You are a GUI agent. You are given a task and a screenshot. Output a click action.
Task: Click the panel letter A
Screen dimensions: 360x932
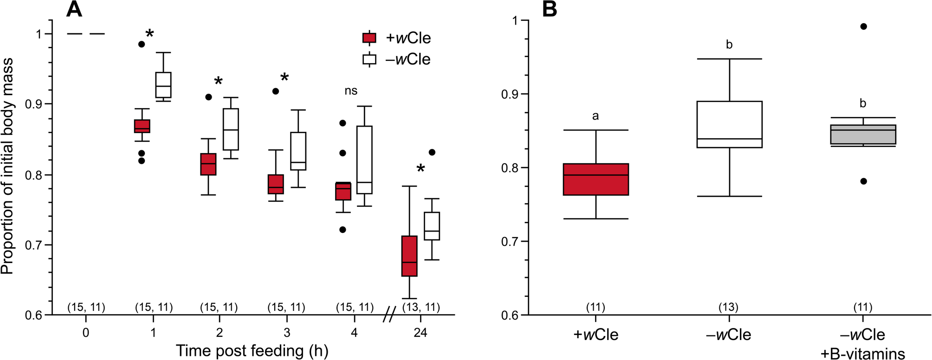tap(74, 9)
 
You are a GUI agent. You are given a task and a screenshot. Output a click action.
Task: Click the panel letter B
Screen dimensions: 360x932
tap(550, 9)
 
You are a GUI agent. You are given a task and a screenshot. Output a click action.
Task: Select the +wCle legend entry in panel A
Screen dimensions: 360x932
tap(397, 38)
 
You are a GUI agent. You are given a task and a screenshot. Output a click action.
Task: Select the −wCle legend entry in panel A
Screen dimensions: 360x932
tap(397, 59)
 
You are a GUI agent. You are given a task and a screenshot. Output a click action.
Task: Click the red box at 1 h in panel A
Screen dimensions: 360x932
tap(142, 126)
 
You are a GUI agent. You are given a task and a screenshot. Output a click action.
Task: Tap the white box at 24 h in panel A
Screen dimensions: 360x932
tap(432, 226)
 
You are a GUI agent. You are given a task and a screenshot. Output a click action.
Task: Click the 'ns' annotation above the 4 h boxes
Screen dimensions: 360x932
tap(351, 91)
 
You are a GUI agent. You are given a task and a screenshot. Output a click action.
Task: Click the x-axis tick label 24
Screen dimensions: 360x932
tap(420, 333)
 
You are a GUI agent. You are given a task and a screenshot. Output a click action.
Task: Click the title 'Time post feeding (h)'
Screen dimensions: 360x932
tap(252, 351)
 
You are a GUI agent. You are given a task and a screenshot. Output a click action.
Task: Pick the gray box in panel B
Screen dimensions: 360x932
tap(863, 135)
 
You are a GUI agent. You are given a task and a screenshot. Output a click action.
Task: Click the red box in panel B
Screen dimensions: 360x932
tap(595, 179)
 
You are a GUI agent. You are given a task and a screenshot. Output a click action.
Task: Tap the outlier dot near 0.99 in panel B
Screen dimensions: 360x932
tap(864, 26)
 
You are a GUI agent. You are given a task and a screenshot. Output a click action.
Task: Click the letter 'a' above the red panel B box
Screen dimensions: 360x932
tap(595, 116)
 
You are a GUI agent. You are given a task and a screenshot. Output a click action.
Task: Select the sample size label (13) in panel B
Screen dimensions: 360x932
tap(729, 307)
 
